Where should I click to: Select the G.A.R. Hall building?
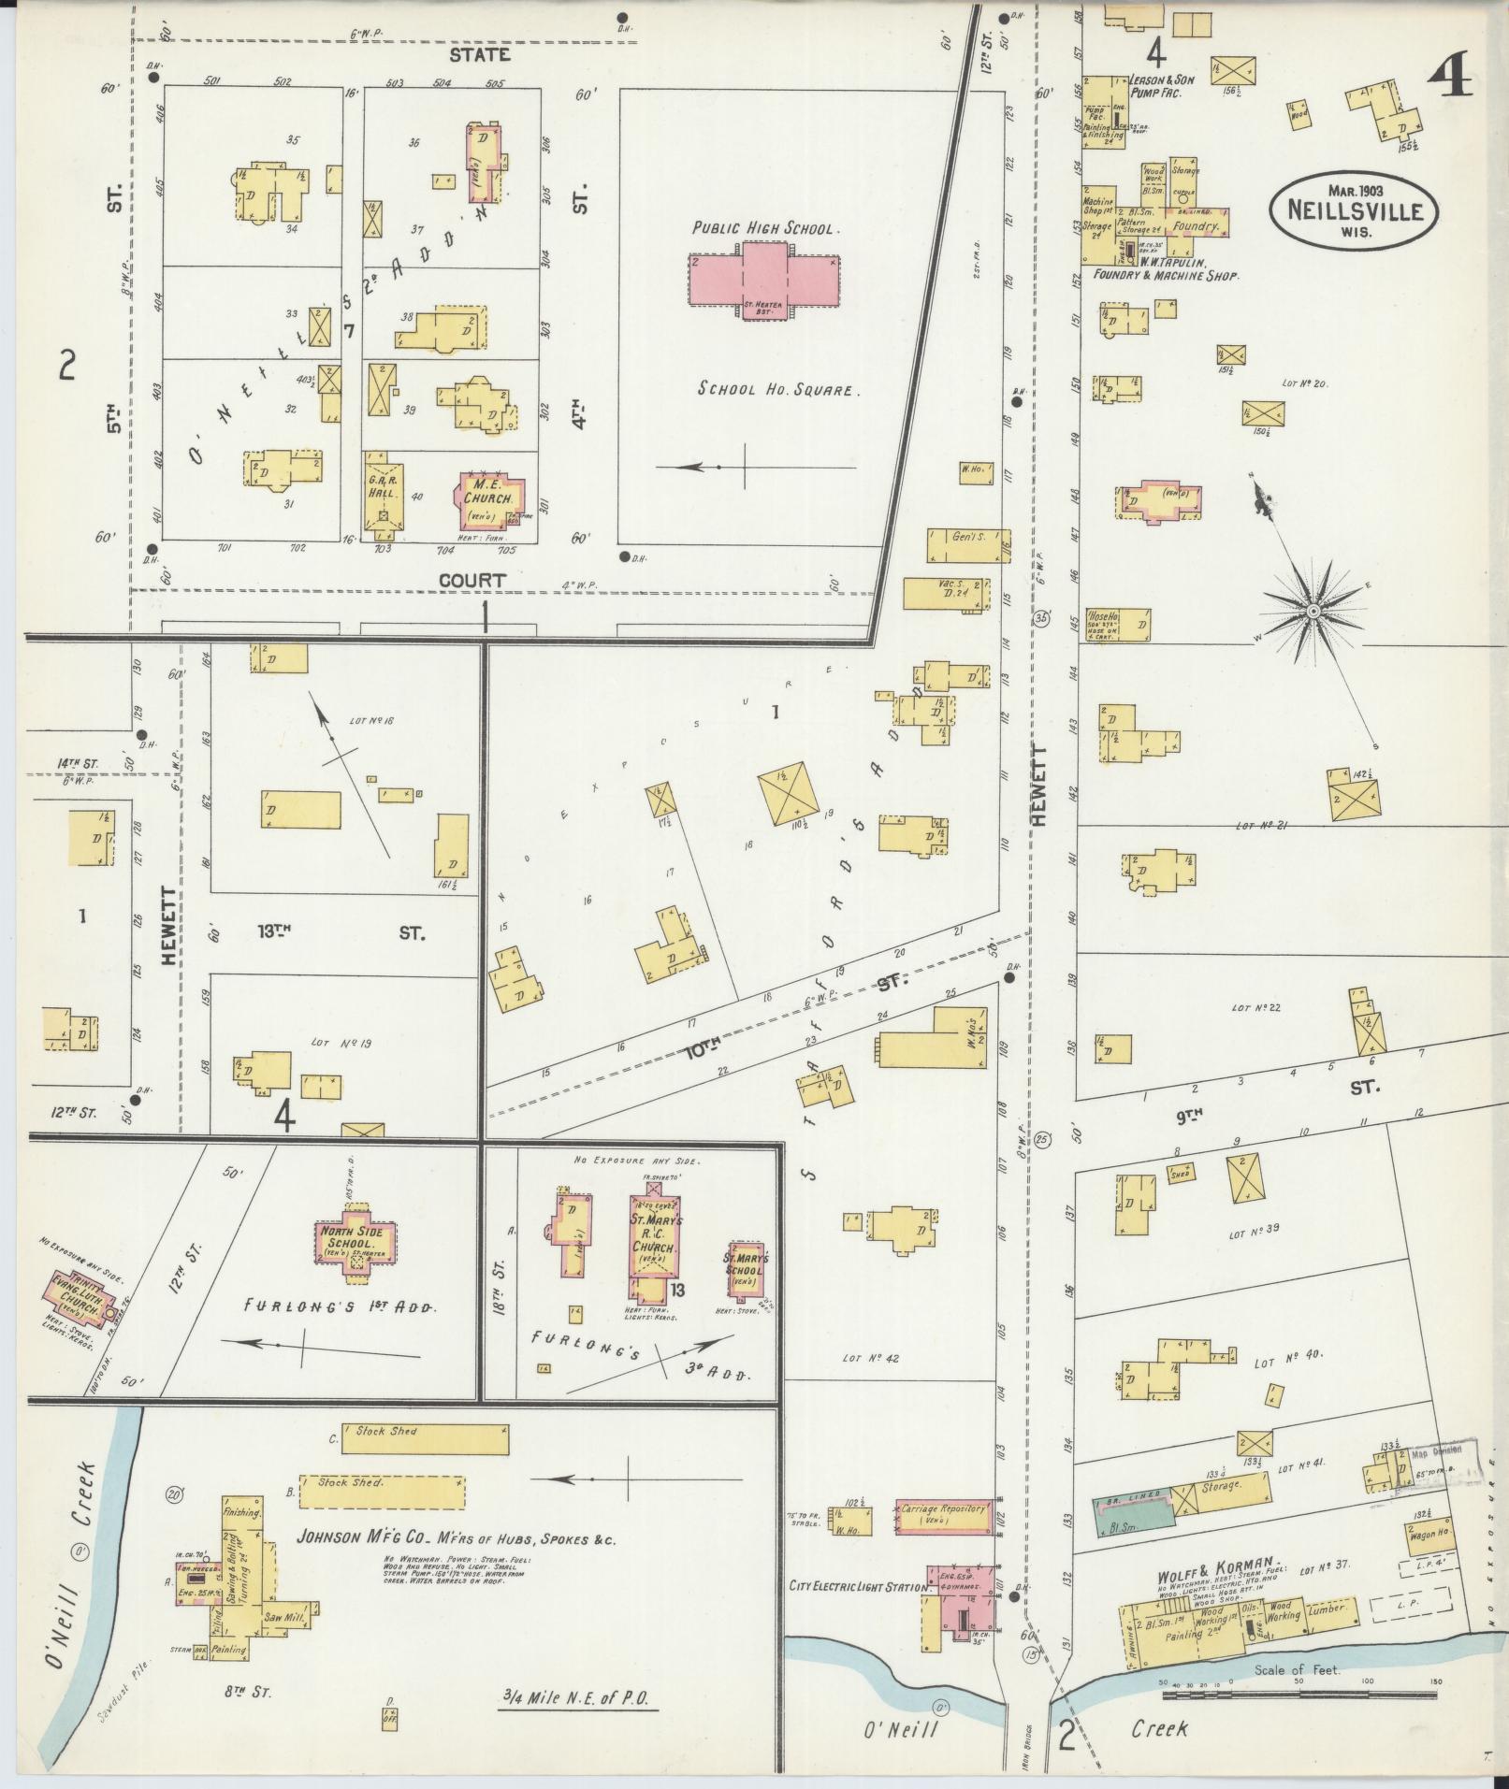[x=384, y=496]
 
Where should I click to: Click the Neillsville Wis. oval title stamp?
[x=1354, y=211]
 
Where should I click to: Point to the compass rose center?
[x=1313, y=611]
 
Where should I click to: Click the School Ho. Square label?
[x=776, y=389]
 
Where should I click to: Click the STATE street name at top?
[x=480, y=54]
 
